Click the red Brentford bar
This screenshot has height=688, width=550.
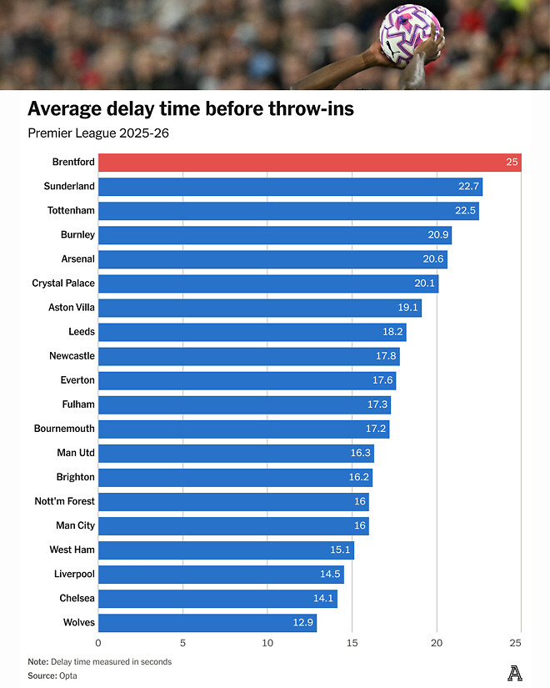308,162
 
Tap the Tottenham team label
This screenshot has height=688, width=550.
71,210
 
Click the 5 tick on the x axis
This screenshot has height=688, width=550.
182,643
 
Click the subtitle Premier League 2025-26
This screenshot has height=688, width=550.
98,133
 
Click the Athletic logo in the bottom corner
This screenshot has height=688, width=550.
515,671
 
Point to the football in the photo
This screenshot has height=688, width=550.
410,33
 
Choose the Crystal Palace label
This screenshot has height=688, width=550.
63,283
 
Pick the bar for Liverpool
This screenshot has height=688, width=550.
221,574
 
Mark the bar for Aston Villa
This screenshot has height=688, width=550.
258,307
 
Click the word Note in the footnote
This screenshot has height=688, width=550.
37,661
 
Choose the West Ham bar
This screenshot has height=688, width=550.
225,550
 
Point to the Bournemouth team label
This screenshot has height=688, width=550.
64,429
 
